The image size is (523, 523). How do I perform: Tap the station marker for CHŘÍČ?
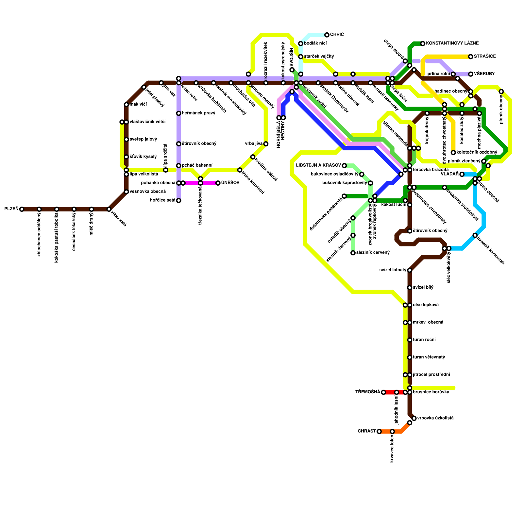point(327,35)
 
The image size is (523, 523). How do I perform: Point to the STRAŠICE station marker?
point(471,57)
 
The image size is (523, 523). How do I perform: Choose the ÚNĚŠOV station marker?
point(218,183)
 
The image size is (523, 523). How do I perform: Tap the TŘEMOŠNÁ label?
point(368,392)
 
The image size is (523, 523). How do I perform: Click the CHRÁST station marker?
point(379,431)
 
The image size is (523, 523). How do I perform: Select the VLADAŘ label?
point(449,174)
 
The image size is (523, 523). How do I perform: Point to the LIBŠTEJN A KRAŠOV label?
point(318,165)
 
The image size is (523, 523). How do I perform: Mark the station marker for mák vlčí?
point(127,105)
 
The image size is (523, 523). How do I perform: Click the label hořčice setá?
point(162,200)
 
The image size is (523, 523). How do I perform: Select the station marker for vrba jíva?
point(266,144)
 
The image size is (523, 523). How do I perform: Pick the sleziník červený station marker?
point(353,253)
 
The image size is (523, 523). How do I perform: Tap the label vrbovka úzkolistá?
point(435,418)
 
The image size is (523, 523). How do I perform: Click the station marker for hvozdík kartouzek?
point(475,235)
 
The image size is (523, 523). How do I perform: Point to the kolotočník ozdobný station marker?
point(453,153)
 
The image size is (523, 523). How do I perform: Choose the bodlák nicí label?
point(315,43)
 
